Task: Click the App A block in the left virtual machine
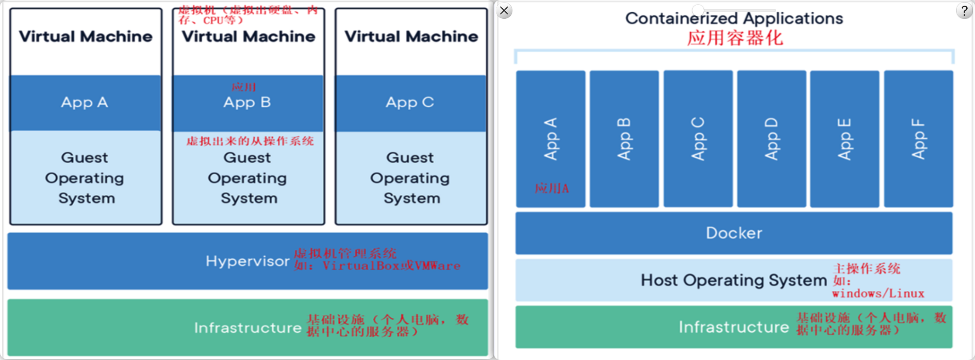click(x=85, y=103)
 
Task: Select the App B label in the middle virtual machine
click(x=247, y=103)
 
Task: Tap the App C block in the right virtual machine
click(x=410, y=103)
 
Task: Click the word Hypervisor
click(x=247, y=261)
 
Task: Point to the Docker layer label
click(x=734, y=233)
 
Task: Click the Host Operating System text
click(x=733, y=280)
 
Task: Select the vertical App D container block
click(x=771, y=139)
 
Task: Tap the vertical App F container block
click(x=918, y=139)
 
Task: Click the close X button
click(x=504, y=10)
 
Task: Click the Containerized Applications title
click(x=734, y=18)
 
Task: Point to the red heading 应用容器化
click(x=735, y=38)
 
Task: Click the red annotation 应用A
click(x=552, y=188)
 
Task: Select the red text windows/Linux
click(x=878, y=294)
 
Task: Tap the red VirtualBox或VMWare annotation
click(x=391, y=266)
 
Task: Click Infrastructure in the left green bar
click(x=248, y=328)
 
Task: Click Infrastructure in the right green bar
click(x=733, y=327)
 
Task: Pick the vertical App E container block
click(x=845, y=139)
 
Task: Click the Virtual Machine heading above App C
click(x=411, y=37)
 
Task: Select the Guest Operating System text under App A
click(x=85, y=178)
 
